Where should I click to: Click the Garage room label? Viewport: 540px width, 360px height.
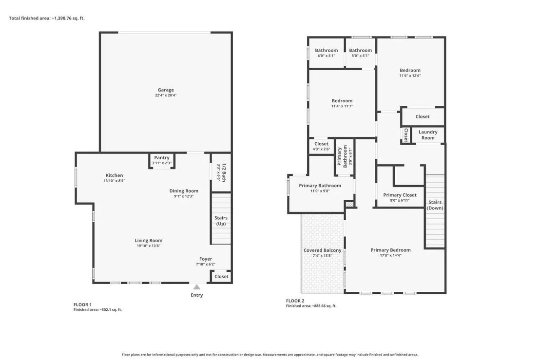[166, 90]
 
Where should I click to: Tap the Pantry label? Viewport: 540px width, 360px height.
[161, 158]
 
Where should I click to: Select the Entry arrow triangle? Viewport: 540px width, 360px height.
[196, 287]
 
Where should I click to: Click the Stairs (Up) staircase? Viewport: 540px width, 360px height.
[221, 219]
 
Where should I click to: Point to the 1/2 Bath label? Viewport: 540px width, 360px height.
[224, 172]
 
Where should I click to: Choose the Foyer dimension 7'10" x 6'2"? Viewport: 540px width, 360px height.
[206, 265]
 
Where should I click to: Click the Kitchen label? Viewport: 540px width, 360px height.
[115, 175]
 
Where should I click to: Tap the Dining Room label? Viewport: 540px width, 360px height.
[184, 190]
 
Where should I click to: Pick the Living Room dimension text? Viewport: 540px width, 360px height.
[149, 246]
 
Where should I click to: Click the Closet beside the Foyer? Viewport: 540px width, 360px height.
[221, 276]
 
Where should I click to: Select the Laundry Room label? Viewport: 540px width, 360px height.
[428, 134]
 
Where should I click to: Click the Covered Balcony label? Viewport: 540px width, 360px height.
[322, 250]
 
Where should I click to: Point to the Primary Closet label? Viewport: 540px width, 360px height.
[400, 195]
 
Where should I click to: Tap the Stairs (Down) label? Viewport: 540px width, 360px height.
[435, 205]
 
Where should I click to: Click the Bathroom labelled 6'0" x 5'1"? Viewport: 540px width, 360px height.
[326, 53]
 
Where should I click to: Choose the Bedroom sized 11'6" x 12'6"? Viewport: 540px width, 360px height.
[410, 73]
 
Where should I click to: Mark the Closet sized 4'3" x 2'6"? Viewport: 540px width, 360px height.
[321, 146]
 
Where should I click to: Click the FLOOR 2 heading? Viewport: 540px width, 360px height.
[295, 301]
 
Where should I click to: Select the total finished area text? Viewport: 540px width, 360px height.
[47, 18]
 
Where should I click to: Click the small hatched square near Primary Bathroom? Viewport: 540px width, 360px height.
[349, 205]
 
